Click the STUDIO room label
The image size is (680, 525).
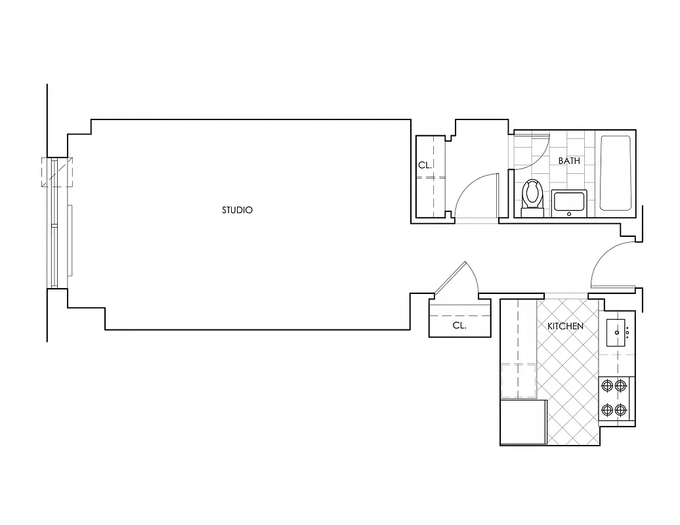point(237,211)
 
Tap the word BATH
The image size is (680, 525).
point(569,161)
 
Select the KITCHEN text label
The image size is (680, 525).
point(565,326)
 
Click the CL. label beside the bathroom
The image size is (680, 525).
point(425,165)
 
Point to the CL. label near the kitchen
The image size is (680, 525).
point(459,325)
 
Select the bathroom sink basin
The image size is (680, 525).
point(569,202)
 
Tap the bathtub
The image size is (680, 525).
point(615,173)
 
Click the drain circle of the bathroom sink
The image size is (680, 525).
point(569,213)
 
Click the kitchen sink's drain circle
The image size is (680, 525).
point(617,332)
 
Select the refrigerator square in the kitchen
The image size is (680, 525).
point(523,422)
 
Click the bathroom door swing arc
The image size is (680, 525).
point(540,155)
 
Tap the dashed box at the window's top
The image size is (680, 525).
point(58,171)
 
